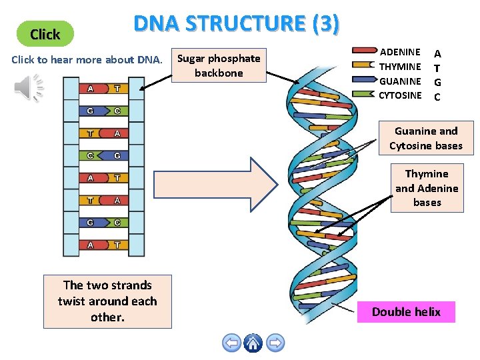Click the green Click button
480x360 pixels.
coord(45,34)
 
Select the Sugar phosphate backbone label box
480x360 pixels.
coord(219,65)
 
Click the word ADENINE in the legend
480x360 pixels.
coord(400,51)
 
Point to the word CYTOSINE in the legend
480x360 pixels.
coord(400,95)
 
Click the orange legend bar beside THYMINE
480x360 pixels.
coord(364,65)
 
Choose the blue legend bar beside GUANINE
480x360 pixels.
coord(364,80)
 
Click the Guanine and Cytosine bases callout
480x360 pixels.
coord(425,139)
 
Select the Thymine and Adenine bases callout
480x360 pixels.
coord(427,188)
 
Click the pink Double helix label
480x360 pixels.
coord(406,312)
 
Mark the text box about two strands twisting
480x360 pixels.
coord(107,301)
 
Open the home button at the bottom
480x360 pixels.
coord(253,343)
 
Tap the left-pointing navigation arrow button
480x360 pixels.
coord(231,343)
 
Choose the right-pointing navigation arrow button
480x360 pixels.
coord(275,343)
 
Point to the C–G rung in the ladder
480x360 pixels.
coord(103,155)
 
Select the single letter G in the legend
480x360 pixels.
coord(437,81)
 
